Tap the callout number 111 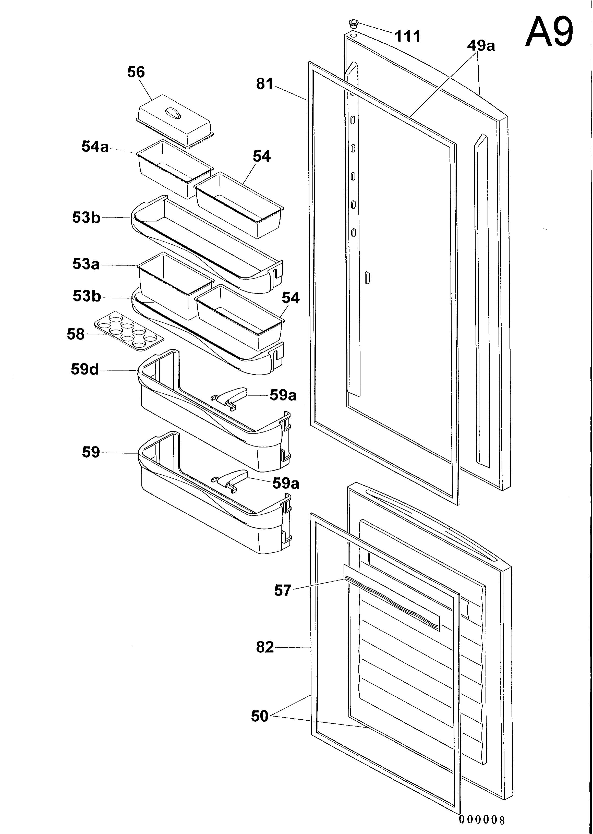[407, 36]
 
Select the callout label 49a [481, 46]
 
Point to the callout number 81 [265, 84]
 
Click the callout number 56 [136, 72]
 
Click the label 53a [86, 264]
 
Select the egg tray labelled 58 [129, 331]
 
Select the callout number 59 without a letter [91, 452]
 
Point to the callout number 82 [265, 647]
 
